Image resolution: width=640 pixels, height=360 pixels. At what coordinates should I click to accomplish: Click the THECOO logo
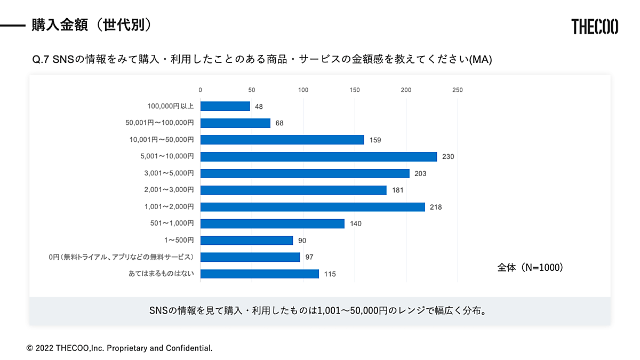click(595, 27)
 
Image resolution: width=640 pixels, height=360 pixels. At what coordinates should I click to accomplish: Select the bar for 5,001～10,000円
click(318, 157)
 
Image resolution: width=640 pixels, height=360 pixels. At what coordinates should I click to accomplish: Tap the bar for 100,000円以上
click(225, 106)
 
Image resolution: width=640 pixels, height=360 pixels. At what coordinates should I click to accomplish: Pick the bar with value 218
click(313, 207)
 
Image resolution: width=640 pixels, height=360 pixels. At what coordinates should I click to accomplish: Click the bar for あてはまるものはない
click(259, 274)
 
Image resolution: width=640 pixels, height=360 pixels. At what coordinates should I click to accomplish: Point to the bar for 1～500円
click(246, 241)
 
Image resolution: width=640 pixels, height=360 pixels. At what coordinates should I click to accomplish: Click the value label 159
click(375, 140)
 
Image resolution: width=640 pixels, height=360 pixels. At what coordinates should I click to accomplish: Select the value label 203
click(420, 174)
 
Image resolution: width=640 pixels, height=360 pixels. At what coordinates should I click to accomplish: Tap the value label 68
click(279, 123)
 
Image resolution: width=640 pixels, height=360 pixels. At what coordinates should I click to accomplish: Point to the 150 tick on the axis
click(355, 90)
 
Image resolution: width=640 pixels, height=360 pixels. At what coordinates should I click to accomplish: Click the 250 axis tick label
click(458, 90)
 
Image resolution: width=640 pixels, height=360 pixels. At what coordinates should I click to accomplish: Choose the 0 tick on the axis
click(201, 90)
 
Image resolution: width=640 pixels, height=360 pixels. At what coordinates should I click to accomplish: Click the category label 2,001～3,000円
click(169, 190)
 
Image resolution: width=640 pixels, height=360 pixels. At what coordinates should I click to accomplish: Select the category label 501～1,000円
click(172, 223)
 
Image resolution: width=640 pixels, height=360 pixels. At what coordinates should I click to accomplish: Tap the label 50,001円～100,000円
click(159, 123)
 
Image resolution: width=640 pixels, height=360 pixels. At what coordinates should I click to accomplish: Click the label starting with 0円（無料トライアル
click(121, 257)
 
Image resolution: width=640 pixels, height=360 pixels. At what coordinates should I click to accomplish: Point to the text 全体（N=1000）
click(530, 268)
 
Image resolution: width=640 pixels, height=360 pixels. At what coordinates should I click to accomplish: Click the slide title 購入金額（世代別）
click(91, 25)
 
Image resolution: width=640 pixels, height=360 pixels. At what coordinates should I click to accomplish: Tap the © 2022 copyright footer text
click(119, 348)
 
